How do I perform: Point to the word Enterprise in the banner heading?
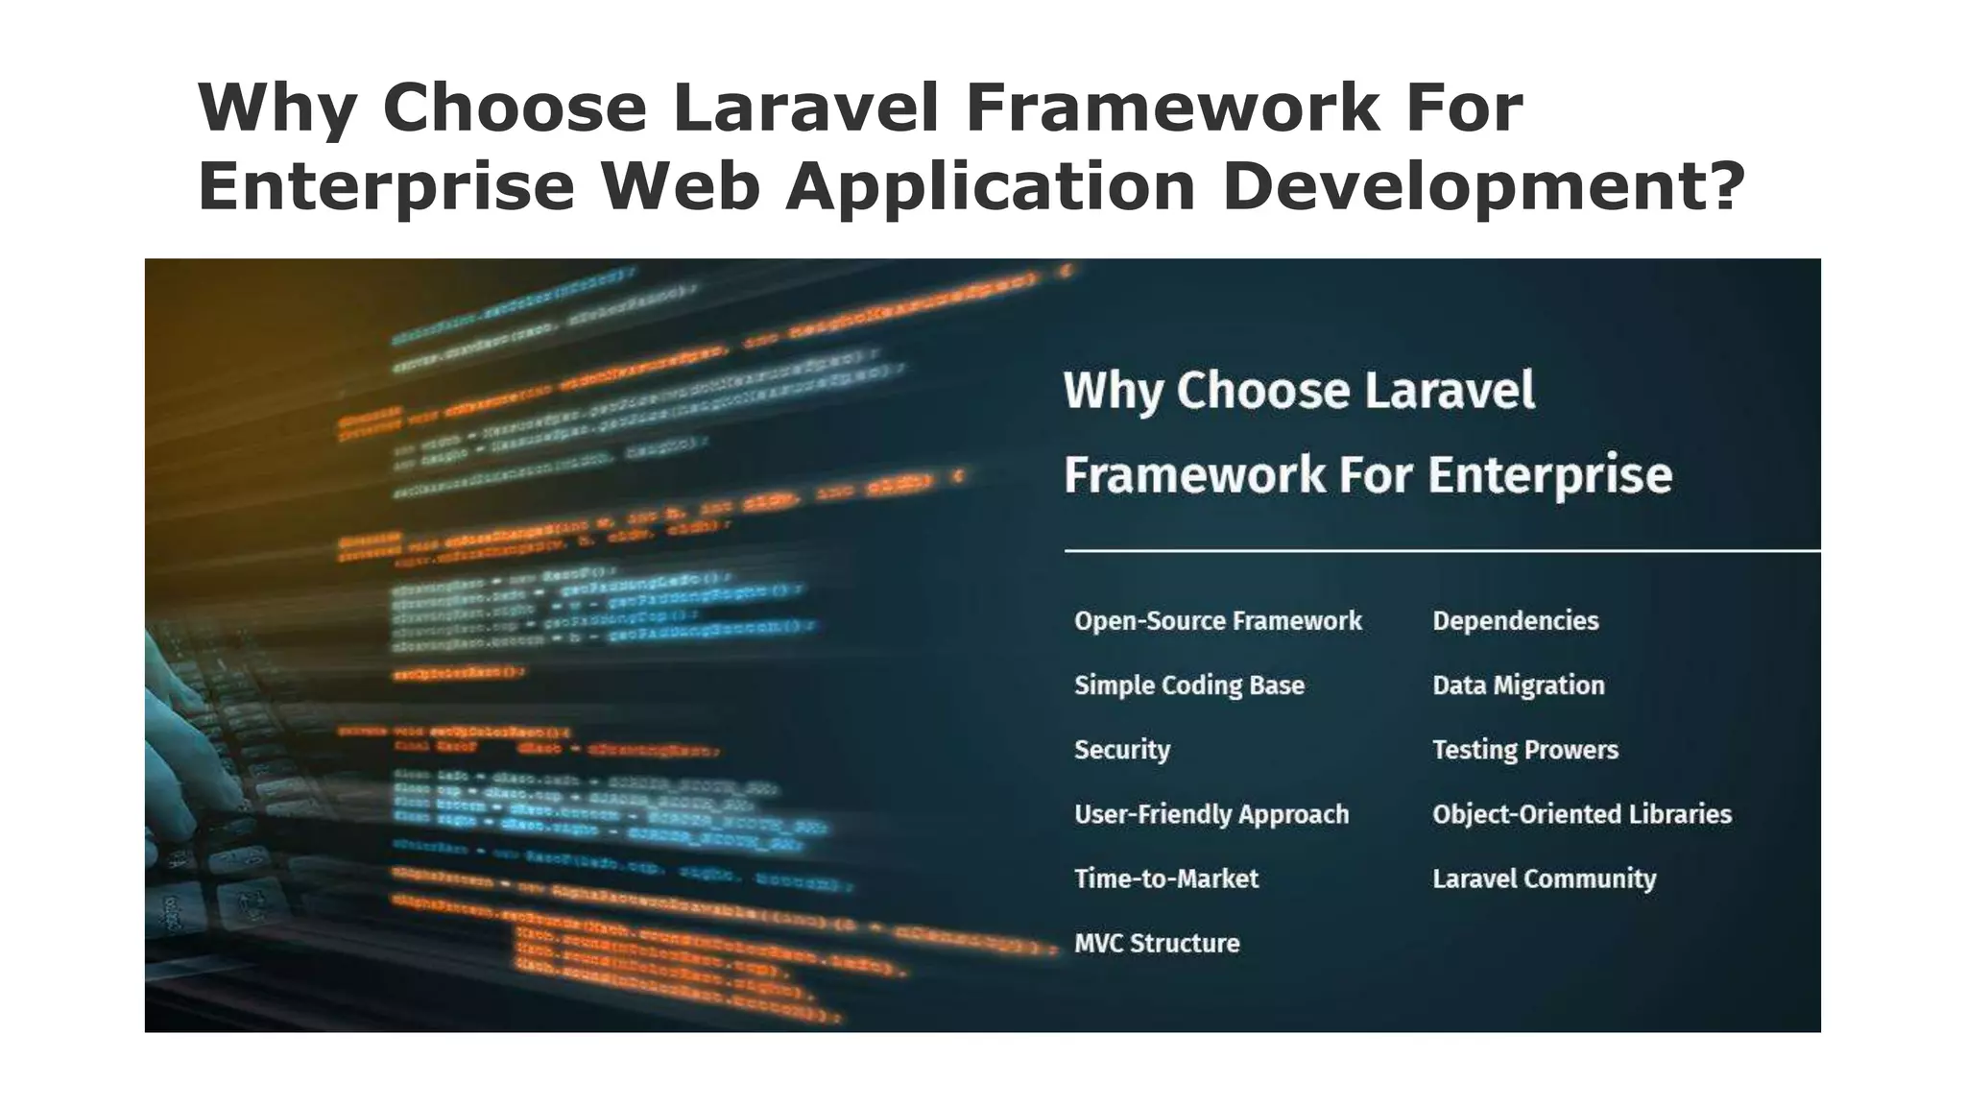tap(1549, 474)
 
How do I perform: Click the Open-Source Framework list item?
tap(1217, 621)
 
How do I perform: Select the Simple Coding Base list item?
tap(1188, 685)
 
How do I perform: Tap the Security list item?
tap(1121, 750)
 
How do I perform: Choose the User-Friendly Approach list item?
tap(1211, 814)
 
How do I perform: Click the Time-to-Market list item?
tap(1165, 878)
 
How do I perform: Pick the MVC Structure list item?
tap(1156, 943)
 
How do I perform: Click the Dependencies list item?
tap(1515, 621)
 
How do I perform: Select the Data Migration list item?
tap(1518, 685)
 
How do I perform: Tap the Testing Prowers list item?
tap(1524, 750)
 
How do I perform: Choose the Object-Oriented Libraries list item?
tap(1581, 814)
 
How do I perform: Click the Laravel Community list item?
tap(1544, 878)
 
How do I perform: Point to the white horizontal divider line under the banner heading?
tap(1440, 551)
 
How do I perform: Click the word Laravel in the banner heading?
tap(1449, 391)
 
